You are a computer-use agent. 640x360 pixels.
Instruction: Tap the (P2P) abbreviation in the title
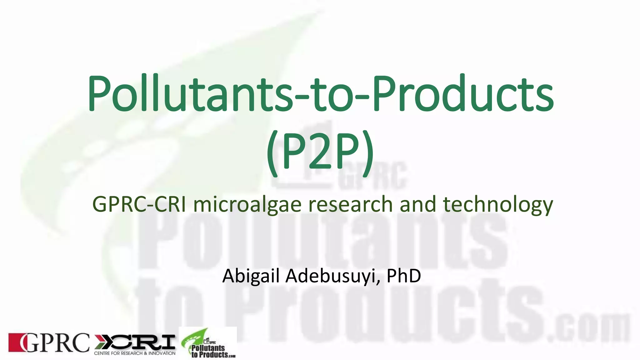click(320, 153)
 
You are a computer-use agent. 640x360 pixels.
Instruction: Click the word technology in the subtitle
click(498, 205)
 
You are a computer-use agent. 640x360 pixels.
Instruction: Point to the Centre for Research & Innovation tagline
click(135, 353)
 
